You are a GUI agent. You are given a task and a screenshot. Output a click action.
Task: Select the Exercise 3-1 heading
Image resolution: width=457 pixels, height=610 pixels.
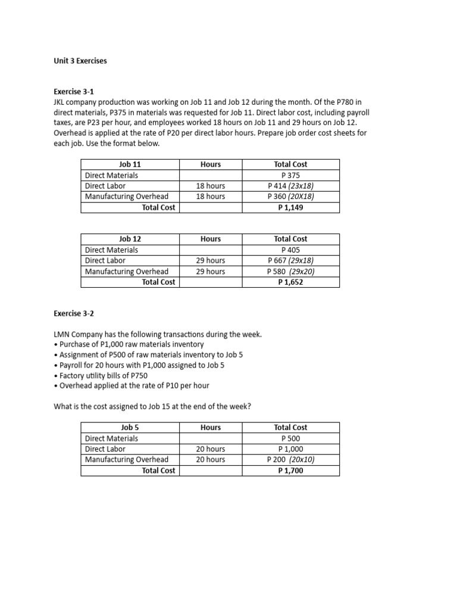pos(74,92)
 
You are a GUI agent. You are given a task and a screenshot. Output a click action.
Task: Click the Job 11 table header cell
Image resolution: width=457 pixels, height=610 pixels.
pos(130,164)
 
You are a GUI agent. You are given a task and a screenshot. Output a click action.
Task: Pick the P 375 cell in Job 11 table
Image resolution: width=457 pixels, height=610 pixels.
pos(290,175)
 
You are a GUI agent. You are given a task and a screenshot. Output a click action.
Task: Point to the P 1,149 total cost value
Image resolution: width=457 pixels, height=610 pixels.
pos(290,207)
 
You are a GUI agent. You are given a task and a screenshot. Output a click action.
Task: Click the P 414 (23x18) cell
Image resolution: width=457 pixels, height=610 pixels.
pos(290,186)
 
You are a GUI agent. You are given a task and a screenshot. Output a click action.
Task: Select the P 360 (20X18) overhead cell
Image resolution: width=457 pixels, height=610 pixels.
pos(290,197)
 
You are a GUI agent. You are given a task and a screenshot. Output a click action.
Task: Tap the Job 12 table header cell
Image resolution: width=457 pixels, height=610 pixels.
pos(130,239)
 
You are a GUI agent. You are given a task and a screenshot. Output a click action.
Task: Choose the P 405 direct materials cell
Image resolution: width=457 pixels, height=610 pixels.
pos(290,250)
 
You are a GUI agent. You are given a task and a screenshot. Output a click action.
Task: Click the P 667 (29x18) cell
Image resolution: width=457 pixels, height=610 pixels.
pos(290,261)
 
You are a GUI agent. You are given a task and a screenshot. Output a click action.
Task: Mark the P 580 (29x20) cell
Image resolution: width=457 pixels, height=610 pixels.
pos(290,272)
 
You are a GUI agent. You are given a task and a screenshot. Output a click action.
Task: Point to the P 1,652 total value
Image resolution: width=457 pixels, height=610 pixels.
pos(290,282)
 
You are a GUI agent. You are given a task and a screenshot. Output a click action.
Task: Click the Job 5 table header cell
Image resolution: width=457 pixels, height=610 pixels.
pos(130,427)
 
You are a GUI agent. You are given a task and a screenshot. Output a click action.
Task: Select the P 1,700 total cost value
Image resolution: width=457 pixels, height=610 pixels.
pos(290,471)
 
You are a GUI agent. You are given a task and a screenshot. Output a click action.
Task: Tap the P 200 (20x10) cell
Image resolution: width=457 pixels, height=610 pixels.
pos(290,460)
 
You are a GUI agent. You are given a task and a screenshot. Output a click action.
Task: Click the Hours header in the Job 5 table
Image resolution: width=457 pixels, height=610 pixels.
pos(211,427)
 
